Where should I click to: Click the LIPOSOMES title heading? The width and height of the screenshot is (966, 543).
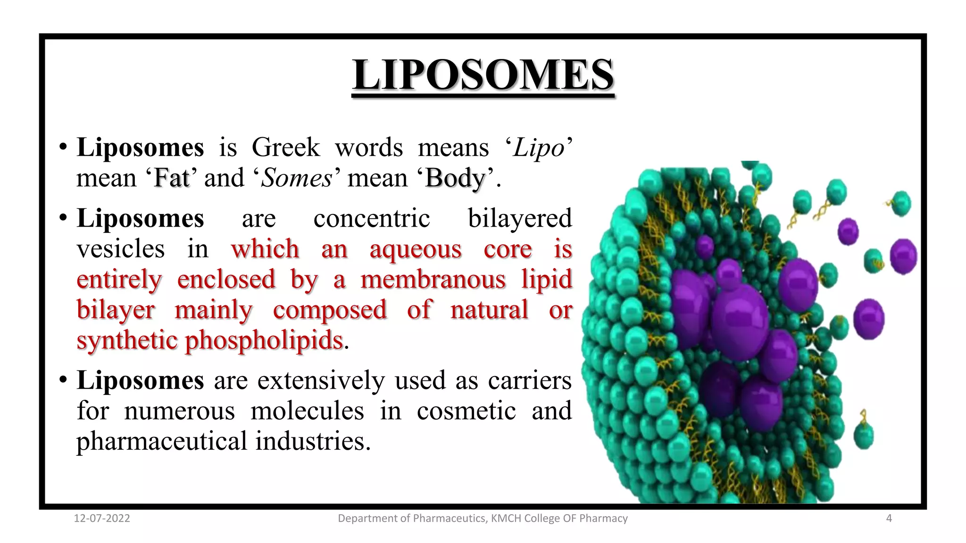pyautogui.click(x=483, y=75)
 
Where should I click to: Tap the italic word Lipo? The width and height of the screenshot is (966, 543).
pyautogui.click(x=539, y=148)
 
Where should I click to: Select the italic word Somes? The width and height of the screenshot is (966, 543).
pyautogui.click(x=297, y=178)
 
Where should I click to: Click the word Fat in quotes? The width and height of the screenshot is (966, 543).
pyautogui.click(x=172, y=178)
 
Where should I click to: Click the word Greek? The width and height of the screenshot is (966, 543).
pyautogui.click(x=286, y=148)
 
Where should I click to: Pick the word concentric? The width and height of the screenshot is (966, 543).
pyautogui.click(x=372, y=219)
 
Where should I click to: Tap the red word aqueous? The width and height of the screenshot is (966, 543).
pyautogui.click(x=416, y=250)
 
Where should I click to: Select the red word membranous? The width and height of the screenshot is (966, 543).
pyautogui.click(x=433, y=280)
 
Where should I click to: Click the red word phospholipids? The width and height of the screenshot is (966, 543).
pyautogui.click(x=264, y=341)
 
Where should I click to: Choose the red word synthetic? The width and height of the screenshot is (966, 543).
pyautogui.click(x=127, y=341)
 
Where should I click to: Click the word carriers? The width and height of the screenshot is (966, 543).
pyautogui.click(x=530, y=380)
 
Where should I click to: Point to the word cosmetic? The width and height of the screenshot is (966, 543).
pyautogui.click(x=466, y=411)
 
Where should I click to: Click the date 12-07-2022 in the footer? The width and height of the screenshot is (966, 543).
pyautogui.click(x=102, y=518)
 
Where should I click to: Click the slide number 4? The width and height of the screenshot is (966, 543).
pyautogui.click(x=889, y=518)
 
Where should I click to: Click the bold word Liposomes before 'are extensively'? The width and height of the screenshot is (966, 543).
pyautogui.click(x=140, y=380)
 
